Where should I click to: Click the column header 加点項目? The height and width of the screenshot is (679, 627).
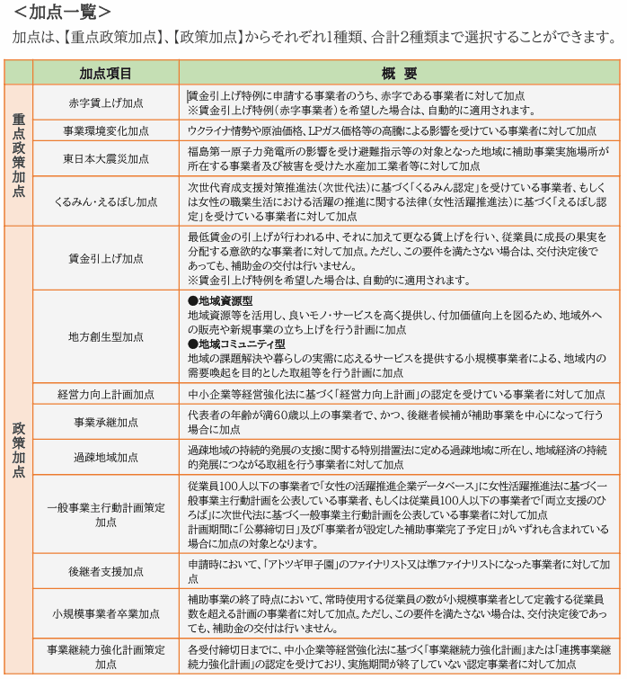tap(106, 73)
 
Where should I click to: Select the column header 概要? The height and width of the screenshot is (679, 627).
tap(399, 73)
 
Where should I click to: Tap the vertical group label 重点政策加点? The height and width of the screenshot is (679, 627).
tap(18, 155)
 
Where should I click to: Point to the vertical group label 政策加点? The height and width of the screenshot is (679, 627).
tap(18, 449)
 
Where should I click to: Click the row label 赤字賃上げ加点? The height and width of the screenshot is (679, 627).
tap(106, 102)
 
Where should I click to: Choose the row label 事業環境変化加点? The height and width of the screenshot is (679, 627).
tap(106, 130)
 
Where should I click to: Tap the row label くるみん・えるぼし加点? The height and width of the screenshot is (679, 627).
tap(106, 201)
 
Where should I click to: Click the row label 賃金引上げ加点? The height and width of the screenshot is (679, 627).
tap(106, 258)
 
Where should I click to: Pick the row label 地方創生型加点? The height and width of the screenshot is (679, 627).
tap(106, 336)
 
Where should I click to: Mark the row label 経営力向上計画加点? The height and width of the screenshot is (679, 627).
tap(106, 394)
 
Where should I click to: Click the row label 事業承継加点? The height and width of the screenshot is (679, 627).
tap(106, 422)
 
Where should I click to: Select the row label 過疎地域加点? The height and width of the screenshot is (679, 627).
tap(106, 457)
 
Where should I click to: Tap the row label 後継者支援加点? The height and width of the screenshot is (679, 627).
tap(106, 571)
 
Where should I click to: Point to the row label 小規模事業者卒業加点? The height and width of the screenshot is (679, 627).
tap(106, 613)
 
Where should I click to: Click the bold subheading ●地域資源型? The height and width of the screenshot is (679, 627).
tap(220, 299)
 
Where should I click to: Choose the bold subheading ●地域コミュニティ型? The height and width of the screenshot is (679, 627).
tap(236, 344)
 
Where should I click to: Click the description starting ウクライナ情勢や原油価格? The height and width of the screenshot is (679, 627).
tap(392, 130)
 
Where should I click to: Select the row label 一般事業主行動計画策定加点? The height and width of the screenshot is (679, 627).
tap(106, 514)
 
